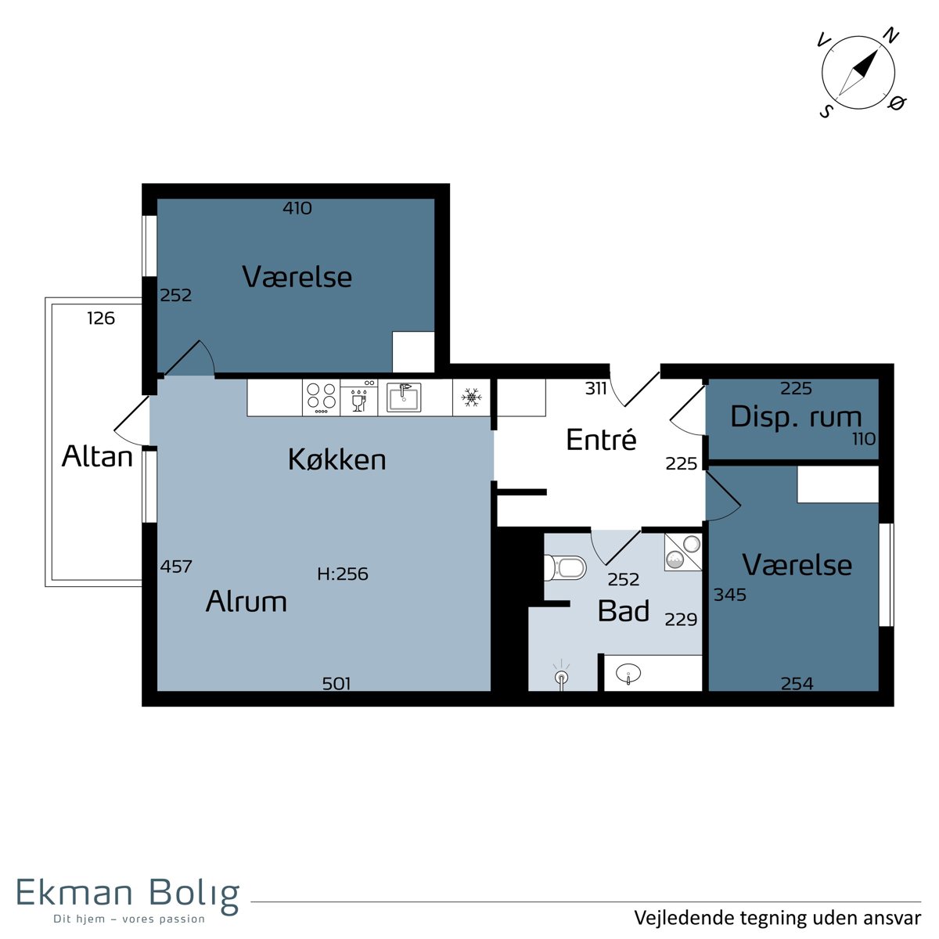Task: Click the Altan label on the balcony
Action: tap(97, 456)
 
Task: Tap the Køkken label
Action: tap(336, 459)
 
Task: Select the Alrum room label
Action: tap(246, 601)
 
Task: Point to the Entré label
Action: tap(601, 439)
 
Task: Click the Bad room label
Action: tap(623, 610)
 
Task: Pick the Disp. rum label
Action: tap(796, 418)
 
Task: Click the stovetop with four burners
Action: tap(321, 398)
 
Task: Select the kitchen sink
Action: tap(404, 398)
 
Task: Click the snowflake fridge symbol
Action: tap(471, 398)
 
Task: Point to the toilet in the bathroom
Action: tap(565, 567)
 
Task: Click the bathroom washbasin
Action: tap(628, 674)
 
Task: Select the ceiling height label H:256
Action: tap(343, 574)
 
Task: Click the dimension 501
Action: tap(336, 684)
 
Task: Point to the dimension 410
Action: tap(297, 209)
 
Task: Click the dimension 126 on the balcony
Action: tap(101, 318)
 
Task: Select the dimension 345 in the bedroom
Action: tap(730, 595)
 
